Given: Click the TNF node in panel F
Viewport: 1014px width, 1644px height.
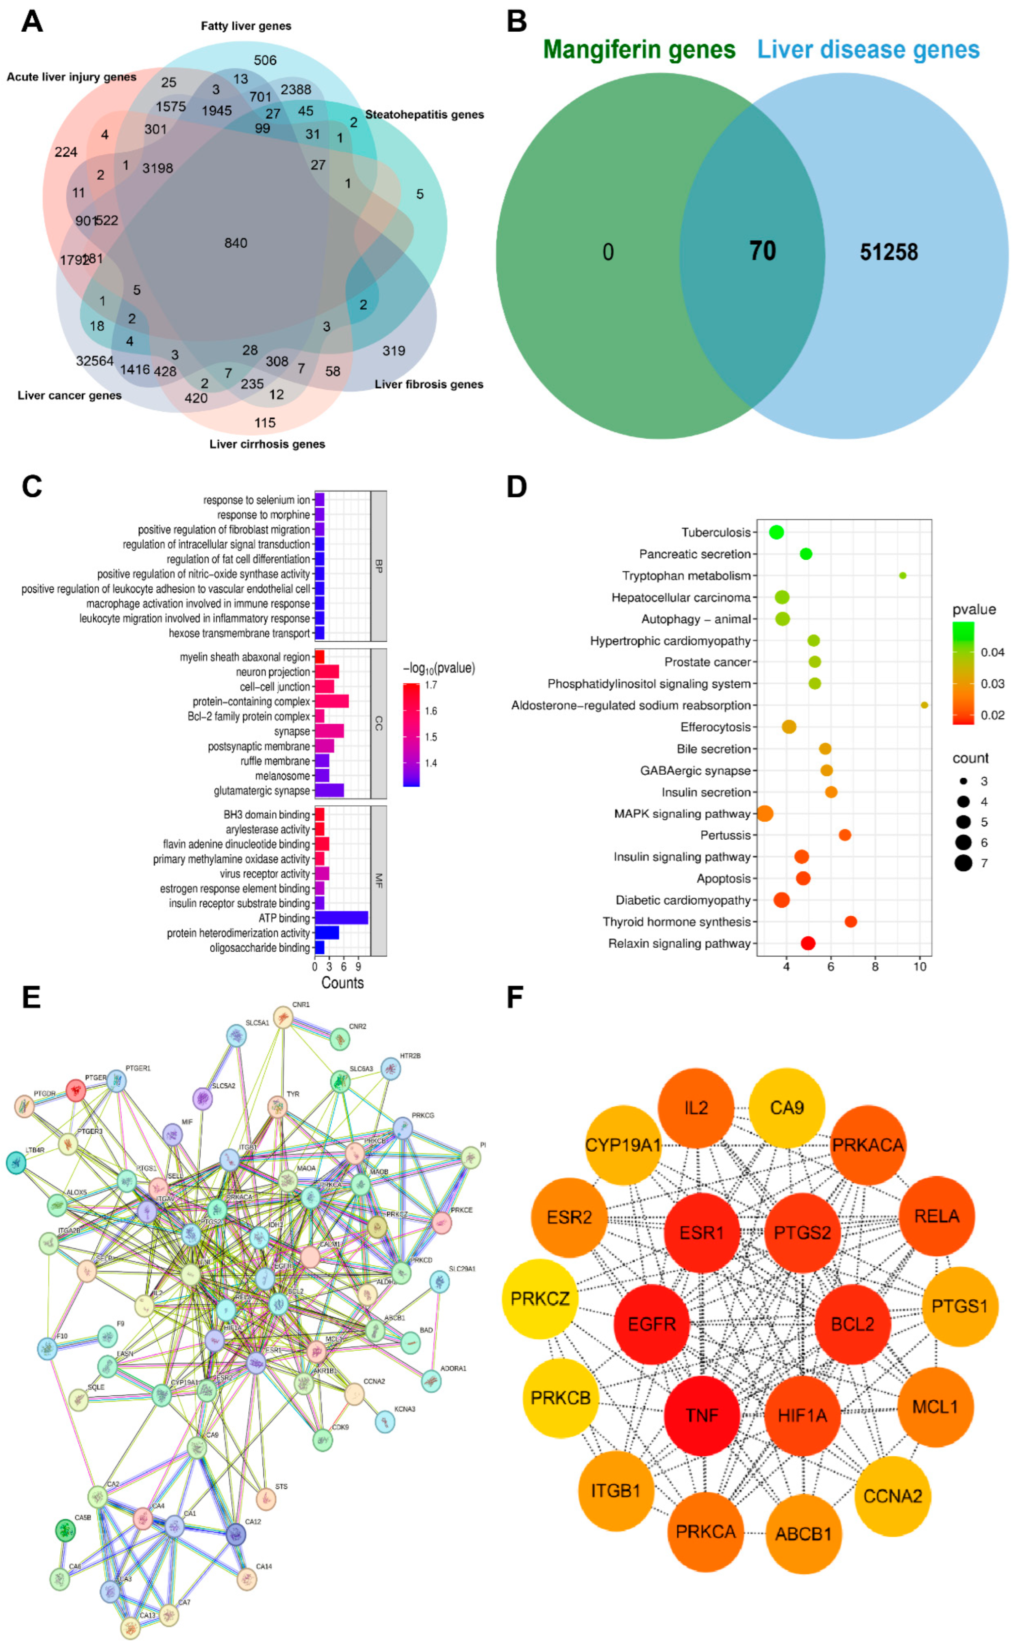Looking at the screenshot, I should [702, 1415].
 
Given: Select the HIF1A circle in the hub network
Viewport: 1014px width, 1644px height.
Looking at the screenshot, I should [802, 1415].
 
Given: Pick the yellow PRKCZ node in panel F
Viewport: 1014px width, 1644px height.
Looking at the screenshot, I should [540, 1299].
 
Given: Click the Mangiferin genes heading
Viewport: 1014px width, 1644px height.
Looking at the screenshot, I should [639, 50].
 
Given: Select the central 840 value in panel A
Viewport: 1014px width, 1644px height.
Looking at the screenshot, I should [235, 243].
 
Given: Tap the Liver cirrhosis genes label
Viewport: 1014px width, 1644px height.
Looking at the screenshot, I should [267, 444].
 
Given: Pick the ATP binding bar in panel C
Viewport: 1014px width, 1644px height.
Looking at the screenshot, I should [341, 918].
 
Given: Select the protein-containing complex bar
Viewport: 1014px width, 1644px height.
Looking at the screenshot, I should [331, 701].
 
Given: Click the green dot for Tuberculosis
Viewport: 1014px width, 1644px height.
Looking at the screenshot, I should [777, 532].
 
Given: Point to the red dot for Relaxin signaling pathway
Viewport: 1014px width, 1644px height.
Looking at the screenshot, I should [808, 943].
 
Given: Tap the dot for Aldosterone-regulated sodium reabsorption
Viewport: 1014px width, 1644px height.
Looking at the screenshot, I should [924, 705].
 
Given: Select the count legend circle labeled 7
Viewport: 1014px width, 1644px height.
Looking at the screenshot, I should [964, 863].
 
